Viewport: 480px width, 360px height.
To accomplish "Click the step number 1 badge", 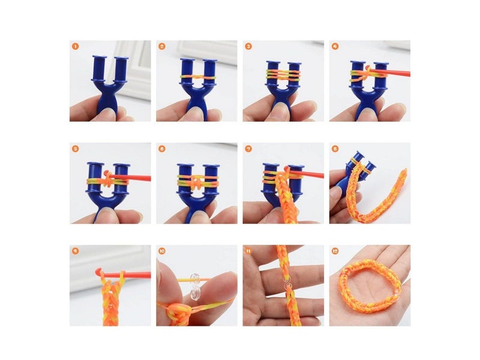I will tap(75, 46).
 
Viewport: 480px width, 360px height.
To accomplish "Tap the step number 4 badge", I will tap(335, 46).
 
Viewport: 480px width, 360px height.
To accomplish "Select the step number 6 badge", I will tap(162, 148).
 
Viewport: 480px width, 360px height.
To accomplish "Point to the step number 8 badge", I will tap(335, 148).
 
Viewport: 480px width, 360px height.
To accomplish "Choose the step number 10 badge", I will tap(162, 250).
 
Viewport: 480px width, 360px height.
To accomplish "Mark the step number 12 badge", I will tap(335, 250).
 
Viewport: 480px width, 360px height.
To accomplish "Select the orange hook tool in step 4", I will tap(390, 73).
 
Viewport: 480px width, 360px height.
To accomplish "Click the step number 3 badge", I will tap(248, 46).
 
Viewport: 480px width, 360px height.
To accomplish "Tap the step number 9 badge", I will tap(75, 250).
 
